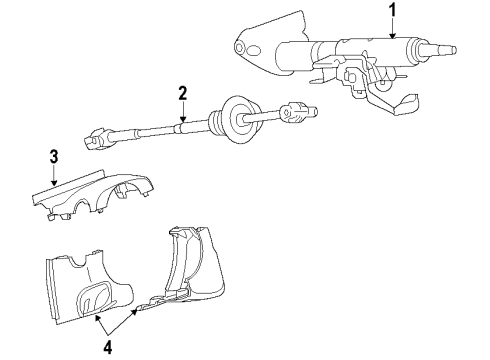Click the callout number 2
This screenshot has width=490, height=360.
pos(182,94)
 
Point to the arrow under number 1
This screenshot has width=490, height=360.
pos(392,30)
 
